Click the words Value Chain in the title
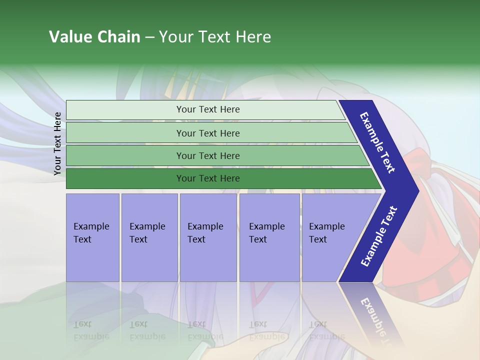tap(94, 37)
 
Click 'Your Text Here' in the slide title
tap(215, 37)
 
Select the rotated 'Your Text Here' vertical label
tap(58, 143)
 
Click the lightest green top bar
tap(125, 110)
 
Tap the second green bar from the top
tap(125, 133)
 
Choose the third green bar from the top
tap(125, 155)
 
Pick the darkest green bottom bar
tap(125, 178)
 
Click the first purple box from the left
tap(92, 237)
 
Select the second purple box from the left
tap(149, 237)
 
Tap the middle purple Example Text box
tap(208, 237)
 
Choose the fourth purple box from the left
tap(269, 237)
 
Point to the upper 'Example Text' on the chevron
tap(377, 142)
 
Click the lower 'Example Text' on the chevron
tap(379, 236)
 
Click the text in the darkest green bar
tap(208, 178)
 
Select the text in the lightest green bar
tap(208, 109)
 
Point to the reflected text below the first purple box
tap(91, 330)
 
